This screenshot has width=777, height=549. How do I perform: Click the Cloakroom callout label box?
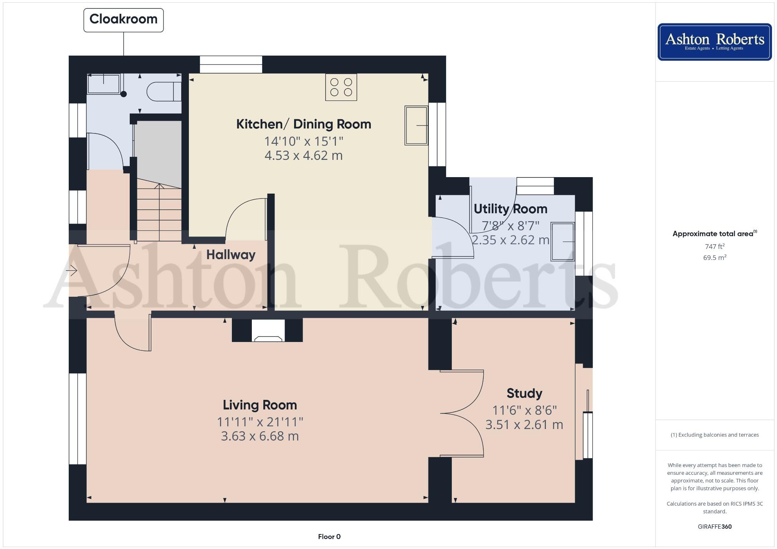(123, 20)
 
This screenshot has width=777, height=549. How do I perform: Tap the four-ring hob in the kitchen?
(341, 87)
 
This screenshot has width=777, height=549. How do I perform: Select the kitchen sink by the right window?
(416, 125)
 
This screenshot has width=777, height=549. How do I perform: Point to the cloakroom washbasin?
(104, 84)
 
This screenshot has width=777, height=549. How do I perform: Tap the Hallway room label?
(231, 255)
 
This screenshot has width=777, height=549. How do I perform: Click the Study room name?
(524, 393)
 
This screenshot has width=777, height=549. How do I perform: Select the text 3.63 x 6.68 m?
(260, 436)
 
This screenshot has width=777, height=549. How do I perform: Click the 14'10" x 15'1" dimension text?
(303, 141)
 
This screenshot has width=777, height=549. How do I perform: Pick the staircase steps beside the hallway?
(159, 213)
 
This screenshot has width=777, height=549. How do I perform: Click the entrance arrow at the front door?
(72, 271)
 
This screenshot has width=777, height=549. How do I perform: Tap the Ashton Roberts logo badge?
(714, 42)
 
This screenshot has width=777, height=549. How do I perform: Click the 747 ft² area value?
(714, 247)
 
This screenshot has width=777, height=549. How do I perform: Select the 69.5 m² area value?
(714, 258)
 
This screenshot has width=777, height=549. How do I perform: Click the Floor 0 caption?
(329, 537)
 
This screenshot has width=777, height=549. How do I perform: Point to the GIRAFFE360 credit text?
(714, 527)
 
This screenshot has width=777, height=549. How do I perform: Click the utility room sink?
(563, 242)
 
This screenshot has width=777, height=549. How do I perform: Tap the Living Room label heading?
(260, 405)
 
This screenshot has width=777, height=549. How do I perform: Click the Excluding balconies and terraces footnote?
(714, 435)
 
